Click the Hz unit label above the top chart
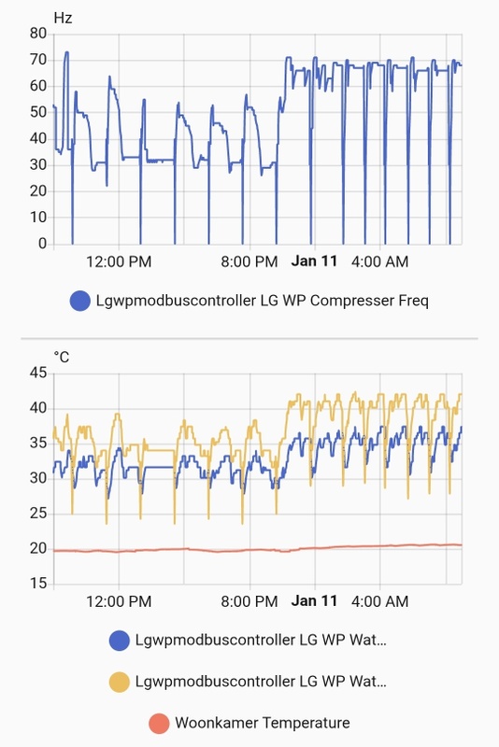click(63, 17)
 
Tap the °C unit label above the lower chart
click(62, 357)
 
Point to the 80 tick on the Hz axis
click(38, 33)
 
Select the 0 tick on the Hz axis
click(42, 244)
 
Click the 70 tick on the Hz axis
click(38, 59)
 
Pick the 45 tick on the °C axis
click(38, 373)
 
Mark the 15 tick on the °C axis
click(38, 584)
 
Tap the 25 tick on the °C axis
click(38, 514)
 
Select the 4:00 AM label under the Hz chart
click(379, 261)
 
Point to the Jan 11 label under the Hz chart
click(314, 261)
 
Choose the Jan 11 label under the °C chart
click(314, 601)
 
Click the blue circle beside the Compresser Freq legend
click(80, 301)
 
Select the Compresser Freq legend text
click(263, 301)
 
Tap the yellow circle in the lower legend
click(120, 682)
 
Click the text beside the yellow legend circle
click(261, 682)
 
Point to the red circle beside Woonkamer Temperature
click(160, 723)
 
